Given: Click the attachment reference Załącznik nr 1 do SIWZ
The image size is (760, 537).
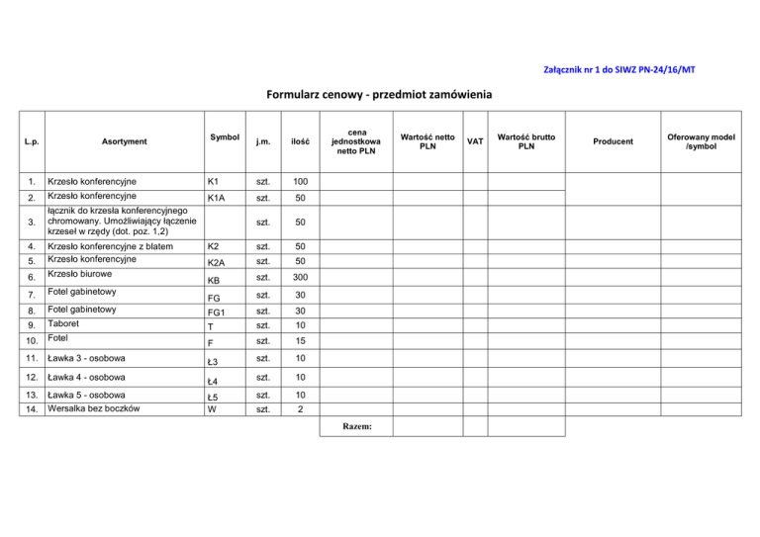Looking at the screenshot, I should [x=626, y=69].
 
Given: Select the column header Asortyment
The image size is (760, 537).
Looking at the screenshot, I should [x=125, y=141].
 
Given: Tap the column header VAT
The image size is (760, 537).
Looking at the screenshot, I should [x=475, y=141].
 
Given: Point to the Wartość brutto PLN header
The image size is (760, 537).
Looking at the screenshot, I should [x=526, y=141].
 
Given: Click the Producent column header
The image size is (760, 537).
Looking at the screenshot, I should [x=614, y=141].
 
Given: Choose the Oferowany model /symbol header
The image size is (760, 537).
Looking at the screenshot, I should [x=702, y=141].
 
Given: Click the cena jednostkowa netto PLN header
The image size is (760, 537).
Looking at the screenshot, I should [x=367, y=141].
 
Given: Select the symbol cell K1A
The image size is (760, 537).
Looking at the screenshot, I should [x=218, y=200].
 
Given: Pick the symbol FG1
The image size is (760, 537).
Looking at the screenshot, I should [x=218, y=311].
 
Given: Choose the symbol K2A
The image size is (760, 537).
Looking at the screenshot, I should [x=218, y=261].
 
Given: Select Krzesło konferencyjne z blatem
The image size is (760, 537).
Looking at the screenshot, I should [x=111, y=244].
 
